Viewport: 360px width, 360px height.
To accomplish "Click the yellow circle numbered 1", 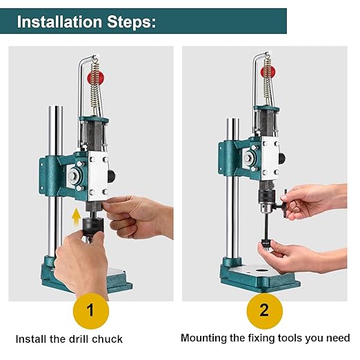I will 91,310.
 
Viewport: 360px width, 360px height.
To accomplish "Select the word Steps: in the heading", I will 132,21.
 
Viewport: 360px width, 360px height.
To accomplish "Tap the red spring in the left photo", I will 94,75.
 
